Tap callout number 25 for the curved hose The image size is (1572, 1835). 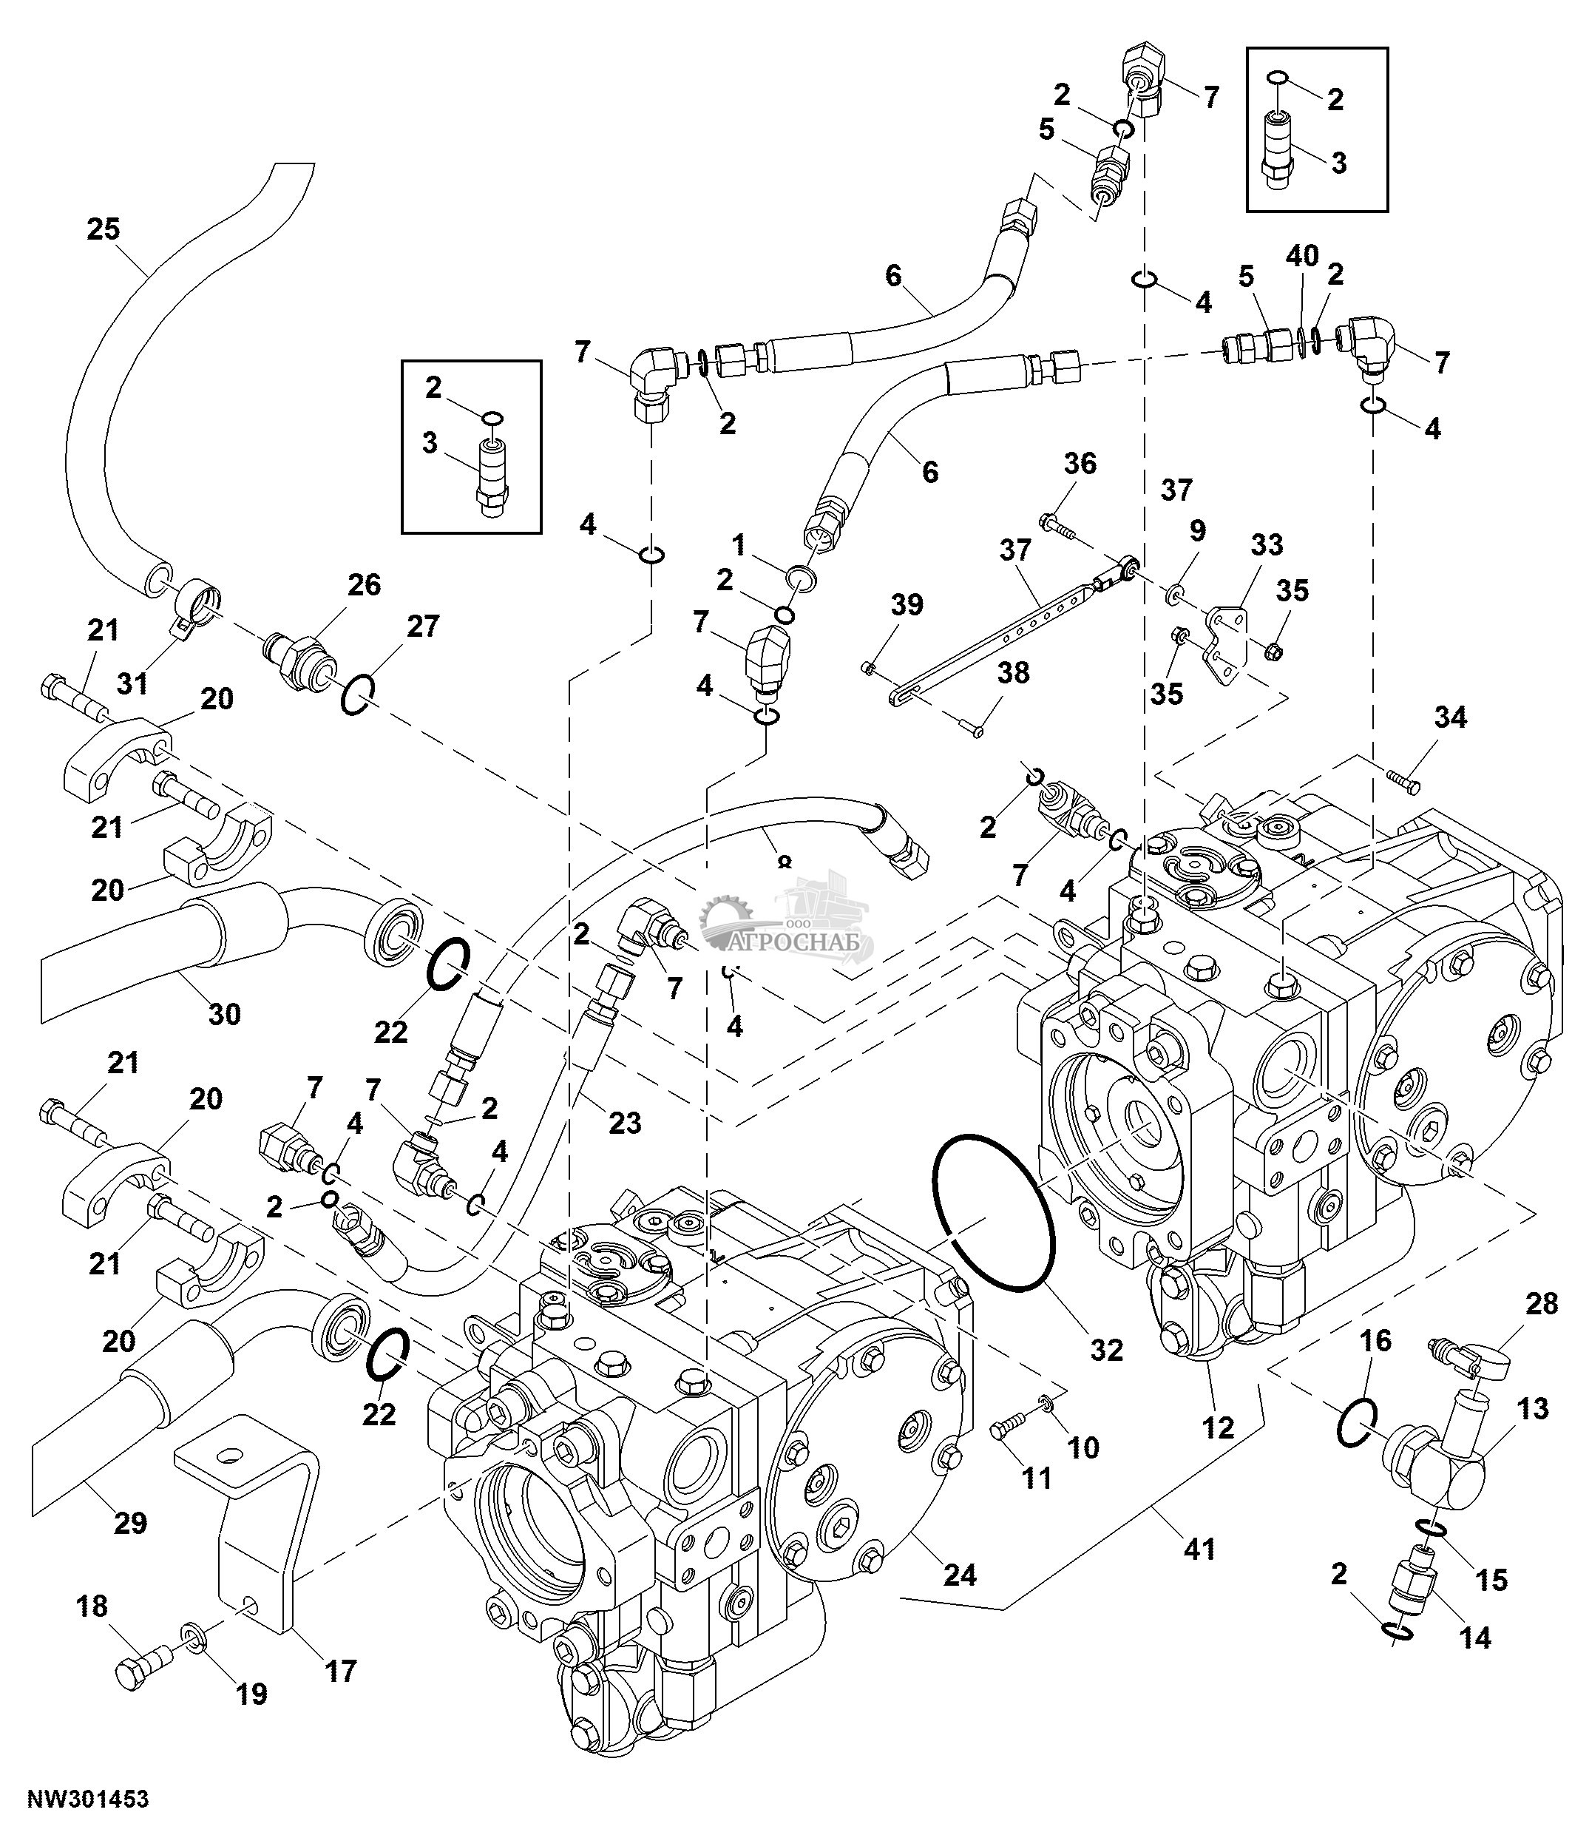coord(104,229)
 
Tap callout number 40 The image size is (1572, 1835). coord(1301,256)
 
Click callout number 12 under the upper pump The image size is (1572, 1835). coord(1218,1427)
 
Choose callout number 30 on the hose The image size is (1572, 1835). coord(224,1013)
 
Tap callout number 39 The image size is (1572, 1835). coord(907,606)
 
